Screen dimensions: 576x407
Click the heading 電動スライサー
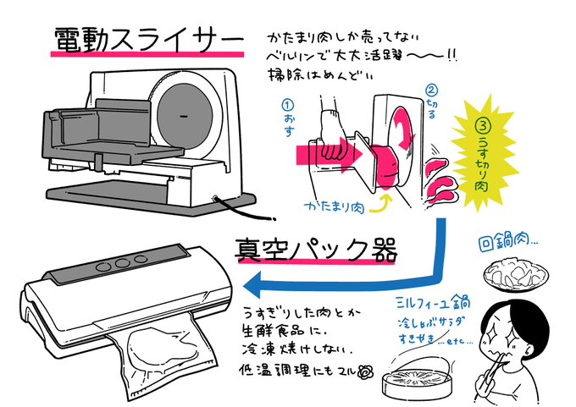(x=149, y=40)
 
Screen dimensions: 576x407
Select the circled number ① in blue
(x=288, y=106)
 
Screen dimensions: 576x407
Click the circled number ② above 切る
(x=432, y=90)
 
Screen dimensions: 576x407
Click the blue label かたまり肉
(x=335, y=207)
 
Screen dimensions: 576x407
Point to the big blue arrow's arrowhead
(x=252, y=285)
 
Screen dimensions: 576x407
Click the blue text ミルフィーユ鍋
(x=434, y=303)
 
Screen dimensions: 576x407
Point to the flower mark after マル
(x=366, y=372)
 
